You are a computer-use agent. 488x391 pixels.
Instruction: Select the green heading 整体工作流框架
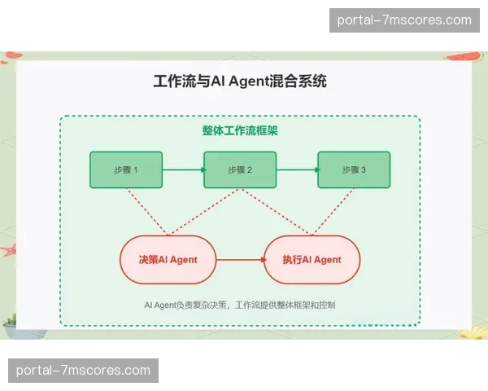[x=240, y=130]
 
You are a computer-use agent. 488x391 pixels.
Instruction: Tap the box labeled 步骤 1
[x=125, y=170]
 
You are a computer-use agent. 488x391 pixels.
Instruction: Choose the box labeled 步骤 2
[x=240, y=170]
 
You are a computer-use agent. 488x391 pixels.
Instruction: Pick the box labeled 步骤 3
[x=354, y=170]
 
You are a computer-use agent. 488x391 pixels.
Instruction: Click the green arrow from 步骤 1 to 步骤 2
[x=183, y=170]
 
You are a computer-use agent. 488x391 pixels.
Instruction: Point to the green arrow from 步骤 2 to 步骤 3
[x=298, y=170]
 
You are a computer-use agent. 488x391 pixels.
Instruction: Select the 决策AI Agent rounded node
[x=169, y=260]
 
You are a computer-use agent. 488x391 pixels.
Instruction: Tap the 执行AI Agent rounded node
[x=312, y=260]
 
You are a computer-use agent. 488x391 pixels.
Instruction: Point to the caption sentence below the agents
[x=240, y=305]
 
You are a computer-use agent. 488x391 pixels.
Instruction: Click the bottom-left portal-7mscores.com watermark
[x=83, y=371]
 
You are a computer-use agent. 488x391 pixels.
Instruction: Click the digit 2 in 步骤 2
[x=249, y=170]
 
